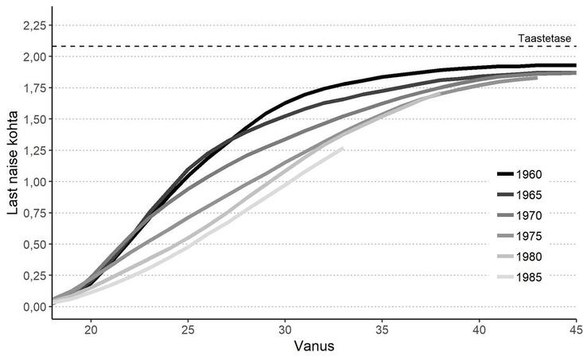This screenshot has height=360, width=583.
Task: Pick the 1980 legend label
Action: [x=529, y=257]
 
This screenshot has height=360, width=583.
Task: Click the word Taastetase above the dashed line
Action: [x=545, y=38]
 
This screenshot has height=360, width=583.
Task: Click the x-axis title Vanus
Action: [x=314, y=346]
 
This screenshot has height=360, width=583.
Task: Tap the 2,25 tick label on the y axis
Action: [x=34, y=25]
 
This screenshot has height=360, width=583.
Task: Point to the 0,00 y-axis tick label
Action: [x=34, y=307]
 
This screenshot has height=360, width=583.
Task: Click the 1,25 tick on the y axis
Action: [x=34, y=150]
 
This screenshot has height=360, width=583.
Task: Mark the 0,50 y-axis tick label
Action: [x=34, y=245]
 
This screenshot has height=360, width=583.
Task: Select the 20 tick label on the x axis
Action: [x=91, y=330]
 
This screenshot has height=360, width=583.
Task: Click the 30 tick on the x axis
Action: [x=286, y=330]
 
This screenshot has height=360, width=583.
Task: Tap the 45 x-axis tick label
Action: [x=576, y=330]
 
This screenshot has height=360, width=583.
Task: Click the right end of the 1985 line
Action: [x=343, y=149]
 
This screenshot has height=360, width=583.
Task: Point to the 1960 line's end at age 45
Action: [x=576, y=65]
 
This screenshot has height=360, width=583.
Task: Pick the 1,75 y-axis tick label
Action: [x=34, y=88]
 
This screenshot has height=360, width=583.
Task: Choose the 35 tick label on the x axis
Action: [x=383, y=330]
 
